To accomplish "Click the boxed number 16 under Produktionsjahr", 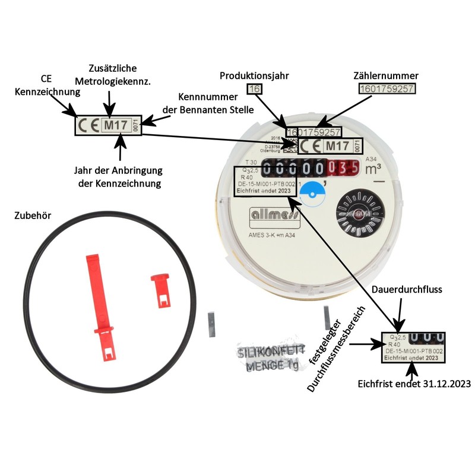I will tap(254, 89).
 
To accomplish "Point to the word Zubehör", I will tap(32, 216).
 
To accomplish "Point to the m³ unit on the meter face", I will tap(373, 169).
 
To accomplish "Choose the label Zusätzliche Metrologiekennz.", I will tap(113, 74).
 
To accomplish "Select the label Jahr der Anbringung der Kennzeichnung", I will tap(120, 177).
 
